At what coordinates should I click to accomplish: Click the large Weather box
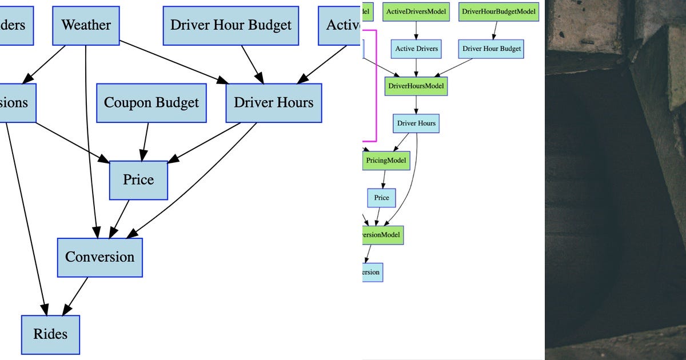pyautogui.click(x=86, y=26)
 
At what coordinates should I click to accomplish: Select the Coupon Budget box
pyautogui.click(x=151, y=103)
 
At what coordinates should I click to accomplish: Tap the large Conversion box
pyautogui.click(x=99, y=257)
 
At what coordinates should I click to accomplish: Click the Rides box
pyautogui.click(x=50, y=334)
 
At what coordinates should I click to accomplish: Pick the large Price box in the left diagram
pyautogui.click(x=138, y=180)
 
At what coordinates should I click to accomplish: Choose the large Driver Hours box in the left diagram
pyautogui.click(x=274, y=103)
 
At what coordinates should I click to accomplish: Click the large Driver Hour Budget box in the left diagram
pyautogui.click(x=231, y=26)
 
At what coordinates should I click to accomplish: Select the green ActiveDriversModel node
pyautogui.click(x=416, y=11)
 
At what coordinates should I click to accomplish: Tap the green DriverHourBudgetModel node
pyautogui.click(x=499, y=11)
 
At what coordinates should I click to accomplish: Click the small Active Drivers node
pyautogui.click(x=416, y=49)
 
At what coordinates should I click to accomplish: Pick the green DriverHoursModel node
pyautogui.click(x=416, y=86)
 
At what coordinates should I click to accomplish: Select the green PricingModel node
pyautogui.click(x=386, y=161)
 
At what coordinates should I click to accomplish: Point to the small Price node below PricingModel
pyautogui.click(x=381, y=198)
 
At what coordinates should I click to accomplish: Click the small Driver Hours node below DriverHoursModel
pyautogui.click(x=416, y=123)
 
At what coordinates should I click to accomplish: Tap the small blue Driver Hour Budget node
pyautogui.click(x=492, y=49)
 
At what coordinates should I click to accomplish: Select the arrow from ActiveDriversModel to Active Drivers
pyautogui.click(x=416, y=30)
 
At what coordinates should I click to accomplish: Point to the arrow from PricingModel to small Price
pyautogui.click(x=384, y=179)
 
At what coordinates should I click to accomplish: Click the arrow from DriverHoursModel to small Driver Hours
pyautogui.click(x=416, y=105)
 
